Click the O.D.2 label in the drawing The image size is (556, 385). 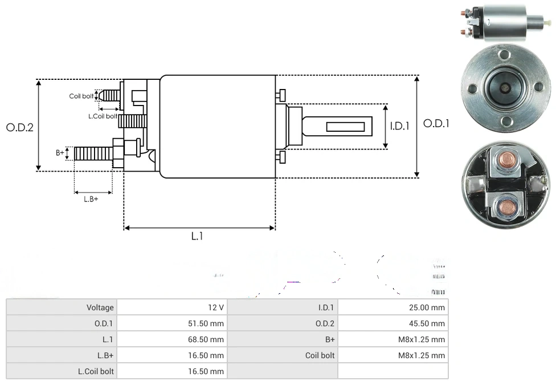point(20,127)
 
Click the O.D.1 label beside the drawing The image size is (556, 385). point(436,123)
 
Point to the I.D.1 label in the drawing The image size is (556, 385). point(400,127)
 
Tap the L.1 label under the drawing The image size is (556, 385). point(197,236)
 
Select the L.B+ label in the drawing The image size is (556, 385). point(91,199)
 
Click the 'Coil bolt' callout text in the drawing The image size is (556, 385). point(81,96)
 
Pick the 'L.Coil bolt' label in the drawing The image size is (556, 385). point(103,116)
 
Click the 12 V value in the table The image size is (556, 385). point(216,307)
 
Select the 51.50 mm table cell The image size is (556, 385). point(206,323)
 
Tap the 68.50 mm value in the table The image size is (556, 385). point(206,339)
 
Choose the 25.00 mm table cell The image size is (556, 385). point(427,307)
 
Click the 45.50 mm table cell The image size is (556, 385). point(427,323)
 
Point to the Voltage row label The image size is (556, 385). point(100,307)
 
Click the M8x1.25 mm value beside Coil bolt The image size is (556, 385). point(422,355)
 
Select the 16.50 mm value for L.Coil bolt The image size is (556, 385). point(206,371)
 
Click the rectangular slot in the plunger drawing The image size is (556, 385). point(345,126)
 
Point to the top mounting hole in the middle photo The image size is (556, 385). point(504,55)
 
